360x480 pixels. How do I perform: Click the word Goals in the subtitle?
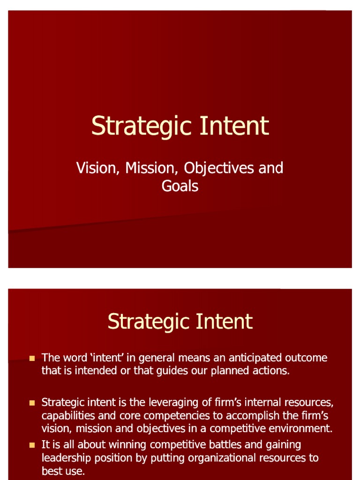point(180,186)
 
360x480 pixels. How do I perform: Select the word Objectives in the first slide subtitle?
point(219,169)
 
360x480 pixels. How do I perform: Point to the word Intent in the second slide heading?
point(224,322)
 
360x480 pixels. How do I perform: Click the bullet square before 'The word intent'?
point(32,358)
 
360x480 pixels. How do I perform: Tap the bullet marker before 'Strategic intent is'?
point(32,403)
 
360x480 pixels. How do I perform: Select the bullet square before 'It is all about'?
point(32,445)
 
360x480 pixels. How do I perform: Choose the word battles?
point(223,445)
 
